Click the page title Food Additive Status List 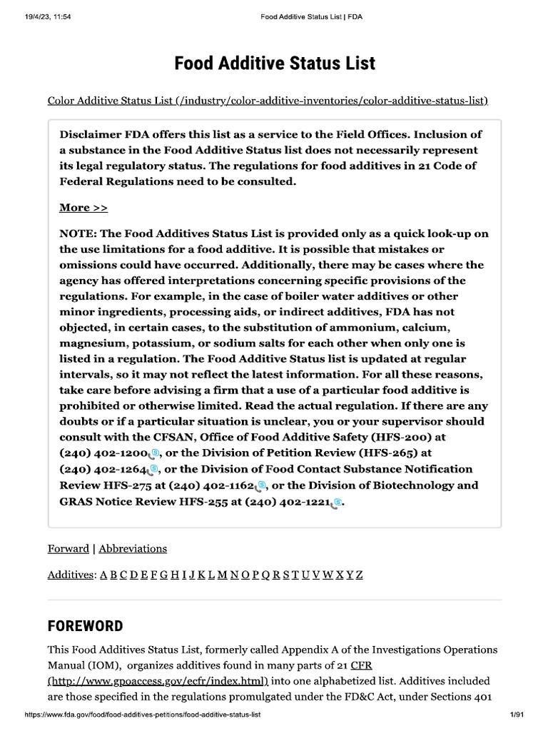pyautogui.click(x=275, y=64)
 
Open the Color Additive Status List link pyautogui.click(x=268, y=101)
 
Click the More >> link pyautogui.click(x=83, y=208)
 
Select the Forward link pyautogui.click(x=68, y=548)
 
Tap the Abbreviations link pyautogui.click(x=133, y=548)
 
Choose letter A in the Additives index pyautogui.click(x=103, y=574)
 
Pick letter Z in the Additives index pyautogui.click(x=359, y=574)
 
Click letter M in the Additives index pyautogui.click(x=223, y=574)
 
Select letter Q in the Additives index pyautogui.click(x=265, y=574)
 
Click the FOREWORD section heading pyautogui.click(x=85, y=626)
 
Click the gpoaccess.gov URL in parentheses pyautogui.click(x=158, y=682)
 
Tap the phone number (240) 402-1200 pyautogui.click(x=103, y=453)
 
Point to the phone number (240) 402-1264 pyautogui.click(x=103, y=469)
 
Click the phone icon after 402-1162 pyautogui.click(x=262, y=485)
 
